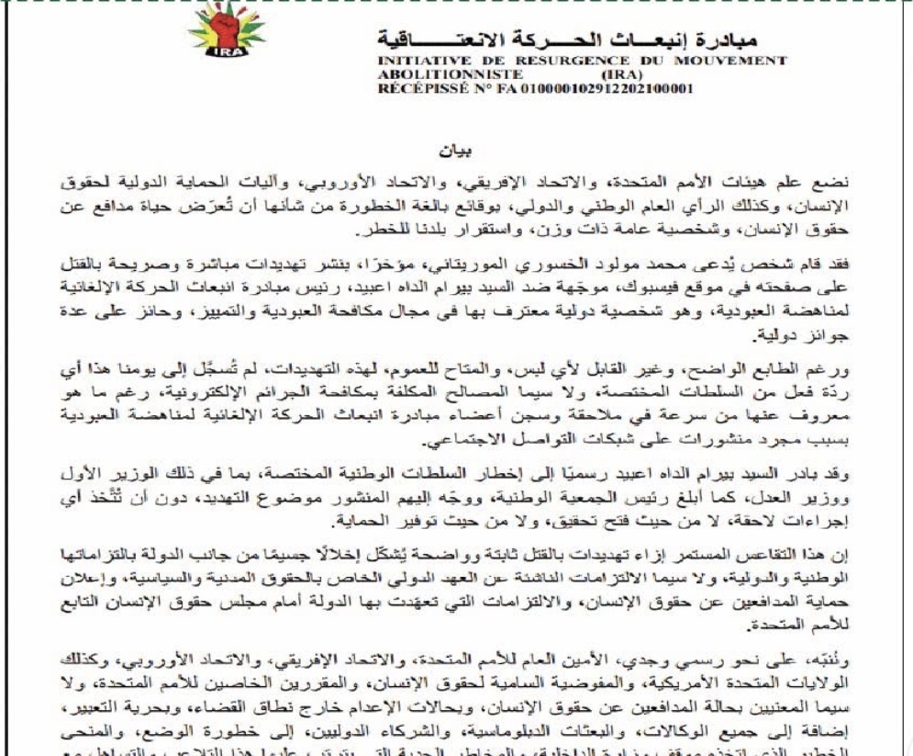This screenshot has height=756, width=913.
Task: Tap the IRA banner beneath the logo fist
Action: click(226, 64)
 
